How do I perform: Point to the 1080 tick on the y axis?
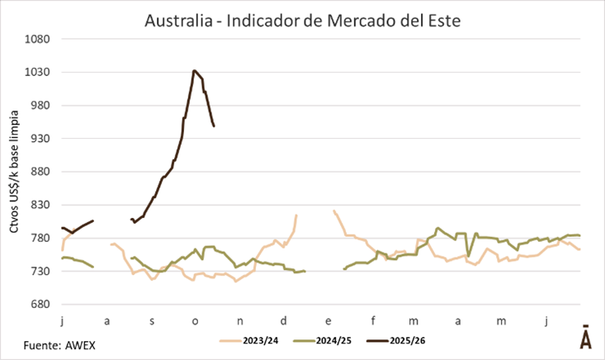(x=40, y=39)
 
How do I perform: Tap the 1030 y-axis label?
(x=40, y=73)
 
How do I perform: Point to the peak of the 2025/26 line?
(x=194, y=71)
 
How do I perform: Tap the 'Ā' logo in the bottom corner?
(x=585, y=339)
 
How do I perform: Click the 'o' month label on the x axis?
(x=196, y=320)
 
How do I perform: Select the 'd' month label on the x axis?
(x=284, y=320)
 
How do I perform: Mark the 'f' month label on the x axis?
(x=372, y=320)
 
